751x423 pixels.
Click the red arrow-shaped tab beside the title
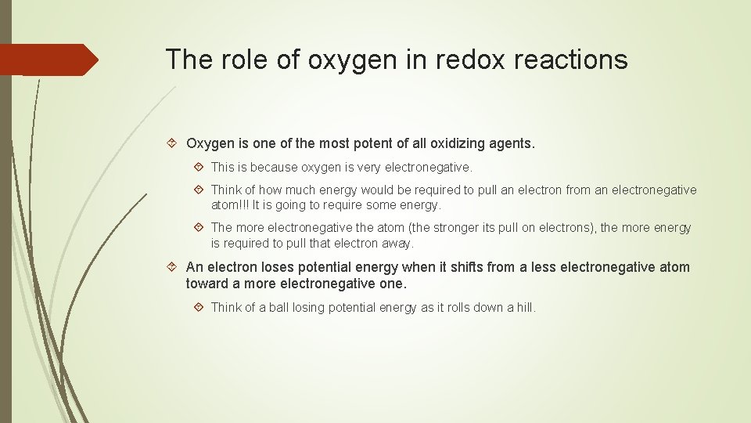pyautogui.click(x=49, y=60)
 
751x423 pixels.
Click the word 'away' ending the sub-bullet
pyautogui.click(x=397, y=243)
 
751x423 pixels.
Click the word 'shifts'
pyautogui.click(x=466, y=267)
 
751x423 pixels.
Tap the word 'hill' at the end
pyautogui.click(x=525, y=307)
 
